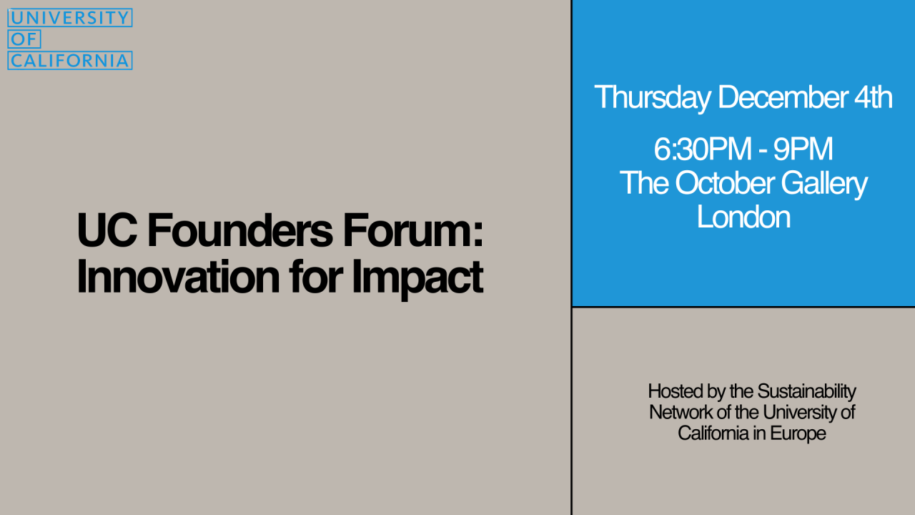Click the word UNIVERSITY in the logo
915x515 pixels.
tap(70, 18)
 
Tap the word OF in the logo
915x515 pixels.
tap(24, 39)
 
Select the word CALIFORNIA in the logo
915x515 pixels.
tap(70, 61)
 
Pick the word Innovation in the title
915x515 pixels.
tap(177, 276)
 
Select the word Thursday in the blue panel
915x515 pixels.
tap(652, 97)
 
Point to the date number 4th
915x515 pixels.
tap(872, 97)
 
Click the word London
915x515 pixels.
tap(743, 216)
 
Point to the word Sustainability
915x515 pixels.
tap(806, 391)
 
